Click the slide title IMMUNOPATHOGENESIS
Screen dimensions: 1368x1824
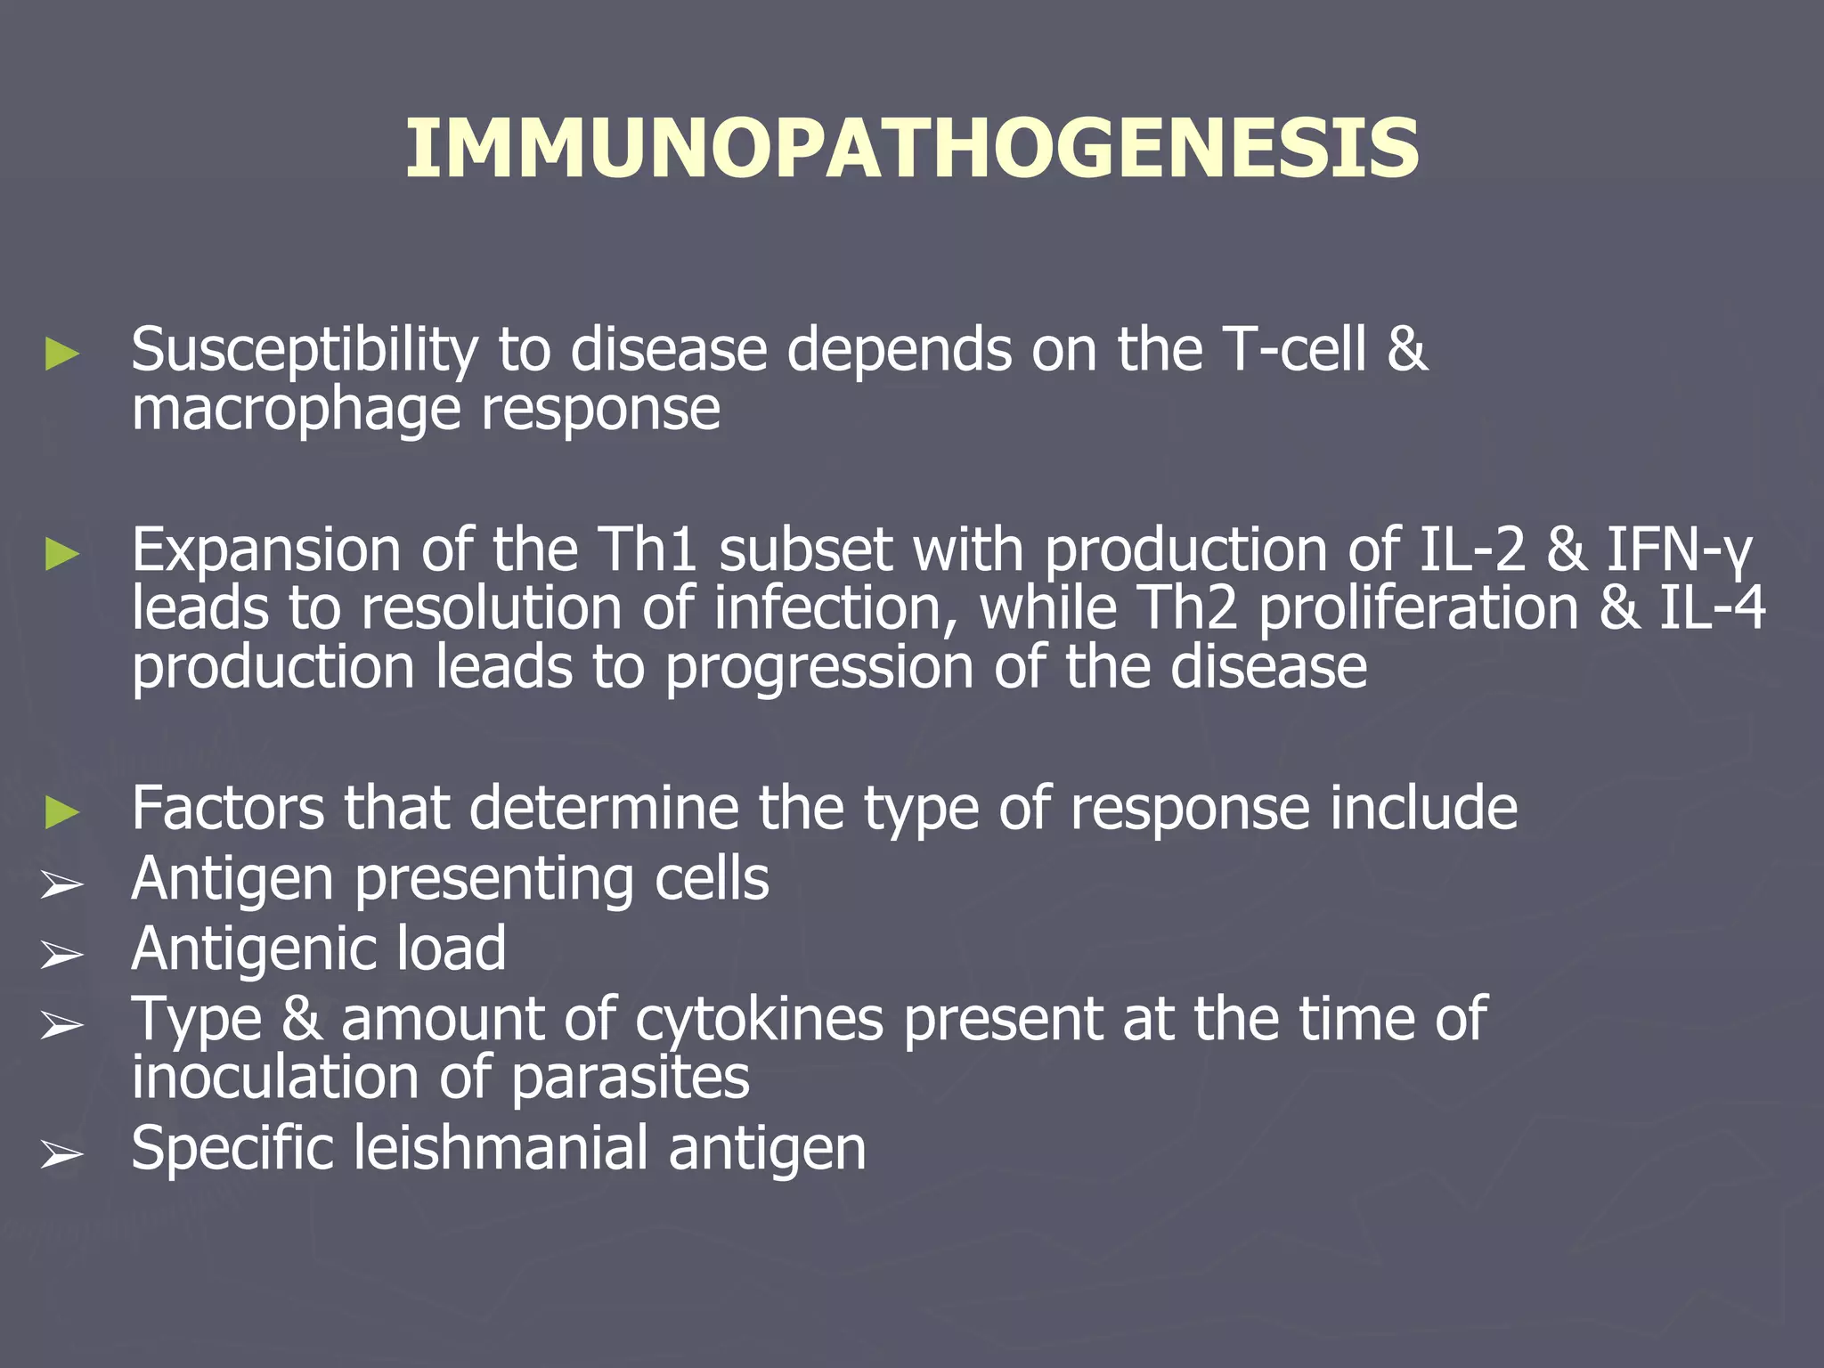pyautogui.click(x=912, y=150)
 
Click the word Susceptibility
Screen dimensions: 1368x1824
pyautogui.click(x=304, y=349)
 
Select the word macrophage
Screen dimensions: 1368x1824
pyautogui.click(x=295, y=410)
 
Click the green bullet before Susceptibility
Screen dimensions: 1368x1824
pyautogui.click(x=62, y=354)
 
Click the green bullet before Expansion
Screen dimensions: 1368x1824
pyautogui.click(x=62, y=555)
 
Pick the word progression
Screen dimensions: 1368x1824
pyautogui.click(x=818, y=668)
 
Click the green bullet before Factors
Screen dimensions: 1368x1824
pyautogui.click(x=62, y=812)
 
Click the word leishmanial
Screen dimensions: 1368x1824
pyautogui.click(x=501, y=1148)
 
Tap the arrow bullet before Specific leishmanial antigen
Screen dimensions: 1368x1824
pyautogui.click(x=62, y=1155)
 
